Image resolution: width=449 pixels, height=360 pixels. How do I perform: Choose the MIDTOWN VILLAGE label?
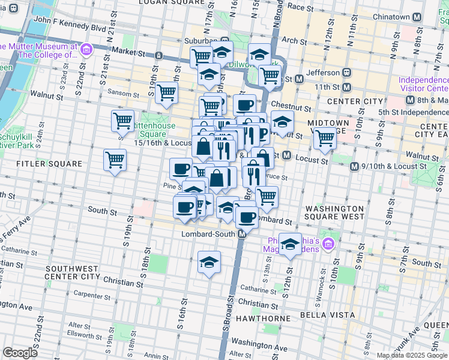point(328,127)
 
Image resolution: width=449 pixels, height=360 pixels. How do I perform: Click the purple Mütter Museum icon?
point(85,49)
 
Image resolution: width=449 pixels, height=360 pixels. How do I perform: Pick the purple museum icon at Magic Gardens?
point(328,244)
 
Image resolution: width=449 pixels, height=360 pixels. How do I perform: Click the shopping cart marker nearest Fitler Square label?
point(114,160)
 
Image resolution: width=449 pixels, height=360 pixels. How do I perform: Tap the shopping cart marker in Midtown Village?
point(324,137)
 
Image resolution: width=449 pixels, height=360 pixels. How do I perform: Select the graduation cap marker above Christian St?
point(209,262)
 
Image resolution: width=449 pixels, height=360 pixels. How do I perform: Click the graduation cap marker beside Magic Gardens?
point(290,244)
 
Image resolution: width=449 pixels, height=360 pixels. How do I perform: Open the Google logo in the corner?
point(20,353)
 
